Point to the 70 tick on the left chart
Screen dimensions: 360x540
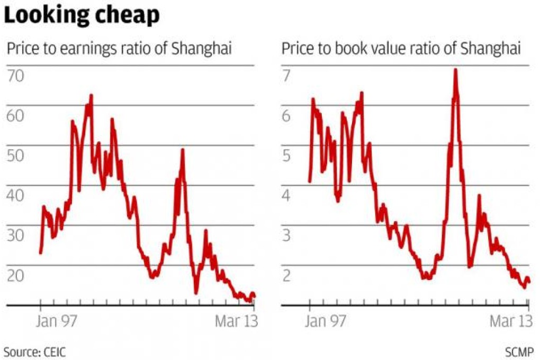click(16, 76)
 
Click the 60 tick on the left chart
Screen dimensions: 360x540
click(16, 115)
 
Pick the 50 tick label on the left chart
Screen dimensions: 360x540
click(16, 156)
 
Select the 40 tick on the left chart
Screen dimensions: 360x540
click(16, 195)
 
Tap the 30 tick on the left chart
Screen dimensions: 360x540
click(16, 235)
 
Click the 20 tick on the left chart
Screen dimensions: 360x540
click(16, 275)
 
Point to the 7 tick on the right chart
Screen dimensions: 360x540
click(286, 76)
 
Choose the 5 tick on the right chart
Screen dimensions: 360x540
click(286, 156)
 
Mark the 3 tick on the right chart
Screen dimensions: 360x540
click(286, 235)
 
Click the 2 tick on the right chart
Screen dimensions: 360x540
click(286, 275)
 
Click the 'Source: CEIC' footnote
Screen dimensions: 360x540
click(35, 351)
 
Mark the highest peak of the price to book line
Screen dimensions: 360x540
click(455, 70)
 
